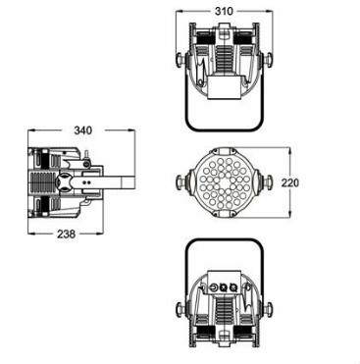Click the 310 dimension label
[x=224, y=11]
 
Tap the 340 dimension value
[x=83, y=130]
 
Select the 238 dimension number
[x=67, y=234]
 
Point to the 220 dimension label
[x=290, y=182]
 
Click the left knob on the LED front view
[x=180, y=182]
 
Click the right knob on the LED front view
[x=268, y=182]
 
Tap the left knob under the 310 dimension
[x=180, y=61]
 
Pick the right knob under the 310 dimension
[x=268, y=61]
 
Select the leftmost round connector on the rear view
[x=214, y=287]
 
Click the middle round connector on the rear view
[x=224, y=287]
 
